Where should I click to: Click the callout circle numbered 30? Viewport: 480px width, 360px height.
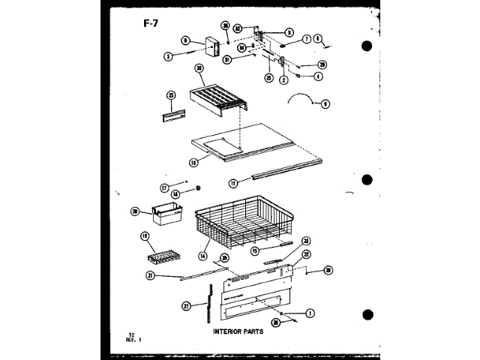[x=199, y=68]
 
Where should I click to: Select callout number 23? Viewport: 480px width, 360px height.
[x=171, y=95]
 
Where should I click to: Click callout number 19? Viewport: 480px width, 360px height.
[x=145, y=238]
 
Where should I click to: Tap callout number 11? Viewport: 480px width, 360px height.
[x=233, y=181]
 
